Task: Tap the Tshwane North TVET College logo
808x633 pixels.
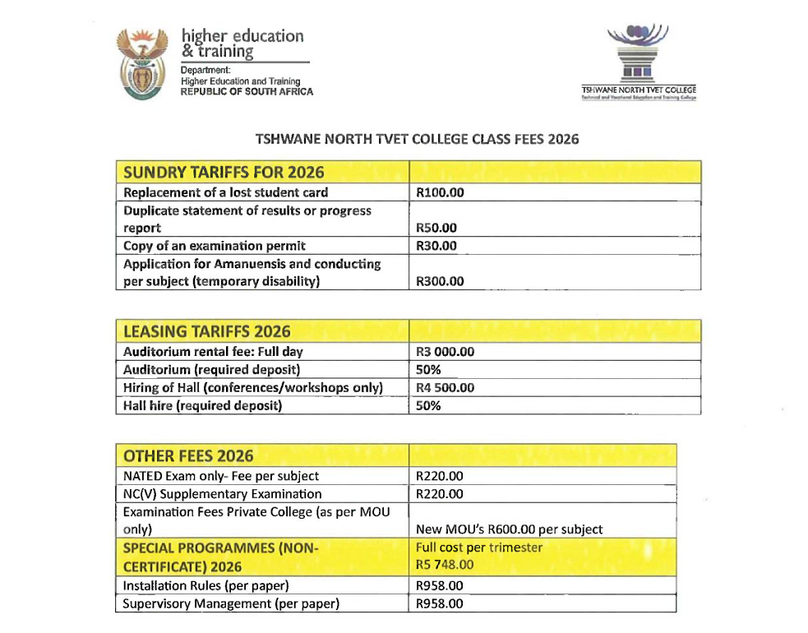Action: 638,62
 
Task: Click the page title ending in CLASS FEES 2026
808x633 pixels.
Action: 418,139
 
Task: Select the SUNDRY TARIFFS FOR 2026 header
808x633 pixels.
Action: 224,173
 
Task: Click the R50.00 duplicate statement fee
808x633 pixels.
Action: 436,228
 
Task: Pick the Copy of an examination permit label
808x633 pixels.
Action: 215,246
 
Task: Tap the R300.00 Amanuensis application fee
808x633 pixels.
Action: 440,281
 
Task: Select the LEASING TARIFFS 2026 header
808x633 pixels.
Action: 206,331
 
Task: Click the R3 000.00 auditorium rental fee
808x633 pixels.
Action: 446,352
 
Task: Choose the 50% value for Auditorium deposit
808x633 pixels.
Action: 428,370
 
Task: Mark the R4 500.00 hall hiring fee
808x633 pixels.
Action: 446,388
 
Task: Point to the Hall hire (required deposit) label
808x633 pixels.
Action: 202,406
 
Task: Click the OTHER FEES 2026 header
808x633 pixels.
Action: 188,456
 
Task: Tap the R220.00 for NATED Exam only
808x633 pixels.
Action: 440,476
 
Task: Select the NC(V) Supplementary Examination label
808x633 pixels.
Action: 222,494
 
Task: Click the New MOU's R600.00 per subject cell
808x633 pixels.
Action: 510,529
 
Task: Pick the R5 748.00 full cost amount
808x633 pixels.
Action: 445,565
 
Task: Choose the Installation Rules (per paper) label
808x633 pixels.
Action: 205,586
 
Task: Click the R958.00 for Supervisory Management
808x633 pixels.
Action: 440,604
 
